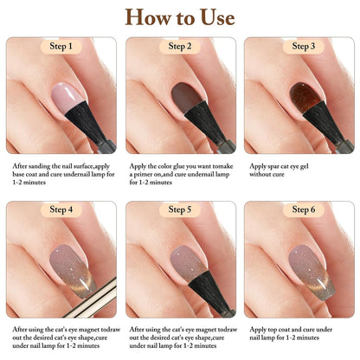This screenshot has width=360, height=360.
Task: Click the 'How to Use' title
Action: coord(179,17)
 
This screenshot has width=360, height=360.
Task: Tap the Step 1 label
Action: coord(61,46)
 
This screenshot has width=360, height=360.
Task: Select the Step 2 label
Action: coord(181,46)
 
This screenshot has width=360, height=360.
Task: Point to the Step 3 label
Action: coord(300,46)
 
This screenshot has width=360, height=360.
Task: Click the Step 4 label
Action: coord(61,209)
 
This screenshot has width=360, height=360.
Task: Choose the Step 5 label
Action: coord(181,209)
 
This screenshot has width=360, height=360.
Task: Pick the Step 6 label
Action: coord(300,209)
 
